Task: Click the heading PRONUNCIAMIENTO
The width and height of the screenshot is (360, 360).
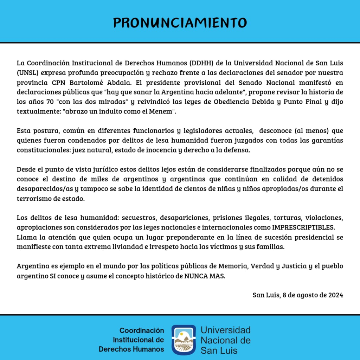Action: tap(180, 22)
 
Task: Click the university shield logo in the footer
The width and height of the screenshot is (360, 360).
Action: tap(184, 340)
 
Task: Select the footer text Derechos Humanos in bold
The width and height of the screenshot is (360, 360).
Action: tap(131, 349)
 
